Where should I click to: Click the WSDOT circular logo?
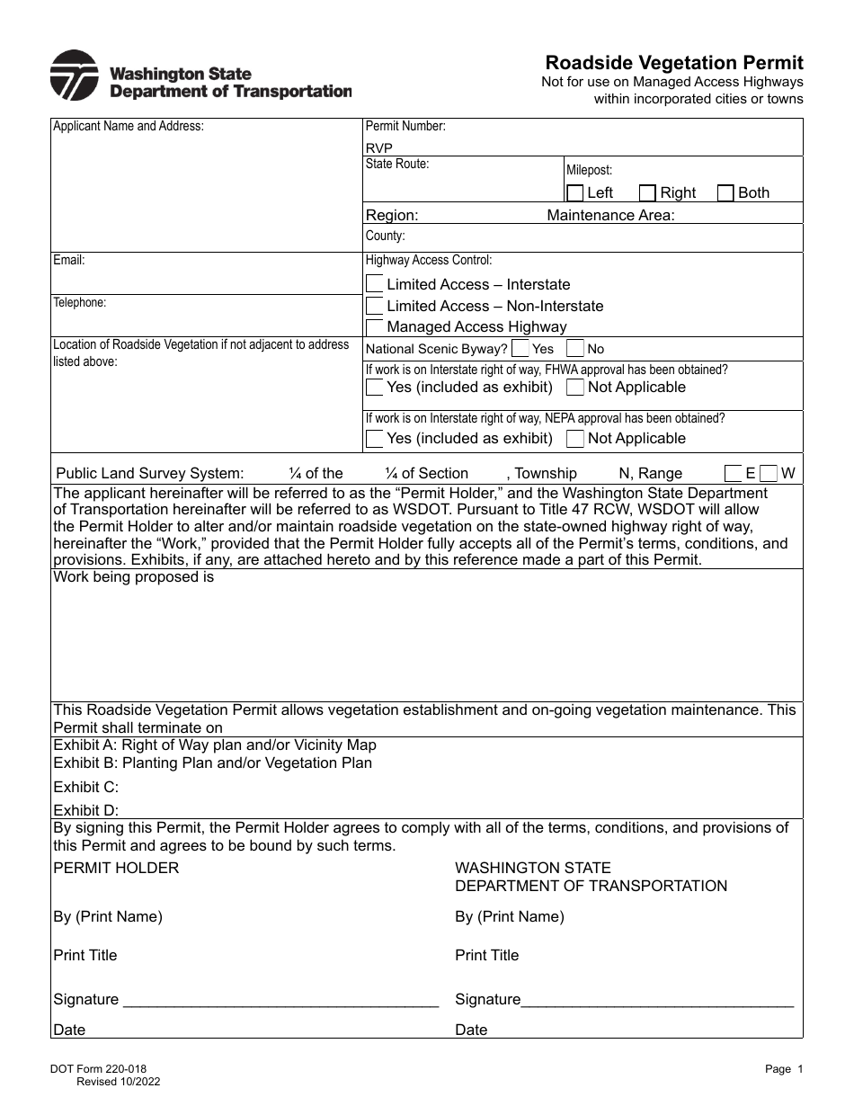pos(74,76)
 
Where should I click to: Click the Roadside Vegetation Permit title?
pos(674,62)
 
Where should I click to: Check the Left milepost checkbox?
pos(575,192)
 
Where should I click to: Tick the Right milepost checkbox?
pos(647,192)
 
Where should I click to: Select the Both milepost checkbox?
pos(725,192)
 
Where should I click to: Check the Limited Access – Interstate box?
pos(375,284)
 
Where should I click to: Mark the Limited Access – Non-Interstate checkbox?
pos(375,306)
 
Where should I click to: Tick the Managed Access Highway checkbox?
pos(375,327)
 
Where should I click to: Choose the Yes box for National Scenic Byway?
pos(520,349)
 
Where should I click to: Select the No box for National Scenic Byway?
pos(575,349)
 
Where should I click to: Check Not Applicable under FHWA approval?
pos(575,388)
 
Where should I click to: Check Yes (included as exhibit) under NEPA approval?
pos(375,439)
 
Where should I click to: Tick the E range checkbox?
pos(734,473)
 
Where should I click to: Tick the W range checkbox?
pos(768,473)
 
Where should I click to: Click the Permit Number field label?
pos(405,127)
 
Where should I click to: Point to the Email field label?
pos(69,261)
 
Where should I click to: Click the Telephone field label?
pos(80,303)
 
